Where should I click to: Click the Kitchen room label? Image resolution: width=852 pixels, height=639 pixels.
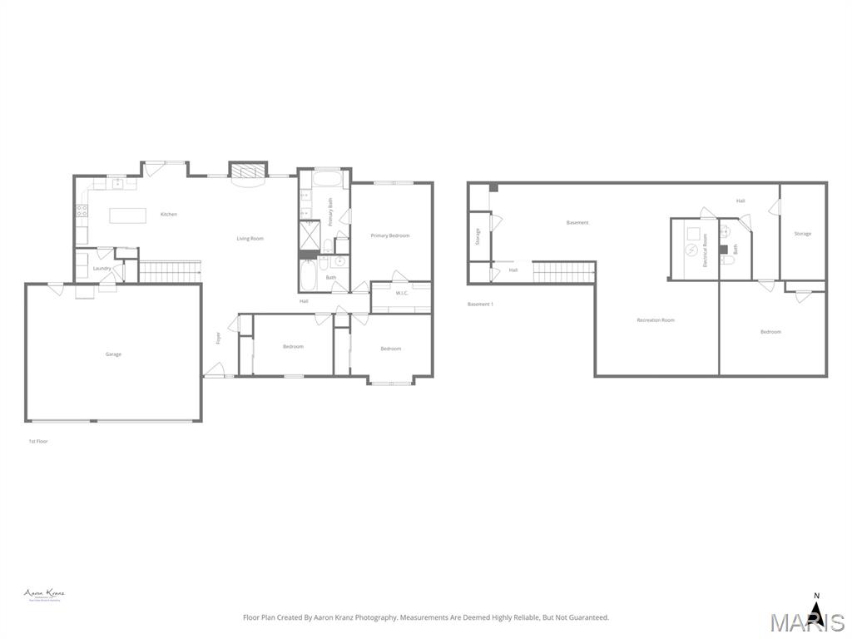tap(169, 215)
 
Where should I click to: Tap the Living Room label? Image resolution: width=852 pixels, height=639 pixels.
tap(250, 239)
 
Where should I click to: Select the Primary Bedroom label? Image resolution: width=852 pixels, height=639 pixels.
tap(390, 235)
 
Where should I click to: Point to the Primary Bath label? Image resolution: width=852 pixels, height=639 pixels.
tap(330, 212)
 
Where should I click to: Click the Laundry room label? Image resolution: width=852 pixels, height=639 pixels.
tap(102, 269)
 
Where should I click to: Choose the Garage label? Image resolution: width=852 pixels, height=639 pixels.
tap(113, 354)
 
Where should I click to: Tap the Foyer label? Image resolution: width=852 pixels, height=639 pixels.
tap(219, 338)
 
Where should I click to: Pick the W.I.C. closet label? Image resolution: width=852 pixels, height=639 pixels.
tap(401, 293)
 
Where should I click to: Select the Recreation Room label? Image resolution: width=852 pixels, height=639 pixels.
tap(656, 320)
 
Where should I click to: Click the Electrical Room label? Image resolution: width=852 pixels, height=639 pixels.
tap(705, 250)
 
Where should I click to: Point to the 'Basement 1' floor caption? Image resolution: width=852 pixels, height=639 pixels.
tap(480, 305)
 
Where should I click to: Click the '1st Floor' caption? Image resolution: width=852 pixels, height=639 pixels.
tap(38, 441)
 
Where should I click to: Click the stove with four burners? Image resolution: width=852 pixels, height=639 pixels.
tap(82, 211)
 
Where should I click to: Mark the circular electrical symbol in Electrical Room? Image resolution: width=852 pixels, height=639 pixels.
tap(691, 250)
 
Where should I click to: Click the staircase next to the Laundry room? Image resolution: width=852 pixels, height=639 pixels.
tap(170, 271)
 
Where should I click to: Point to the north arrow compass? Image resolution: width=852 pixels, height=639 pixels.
tap(816, 612)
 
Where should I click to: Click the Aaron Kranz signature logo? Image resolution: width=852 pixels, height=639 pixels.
tap(44, 594)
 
